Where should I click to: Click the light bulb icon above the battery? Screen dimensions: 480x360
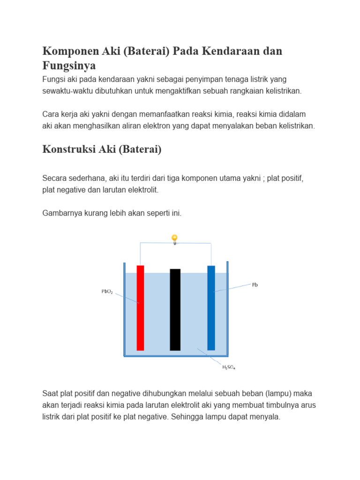[174, 239]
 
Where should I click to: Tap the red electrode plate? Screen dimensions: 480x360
[140, 307]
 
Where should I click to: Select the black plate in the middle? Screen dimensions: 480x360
[175, 309]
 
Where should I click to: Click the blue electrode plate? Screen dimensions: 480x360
[211, 307]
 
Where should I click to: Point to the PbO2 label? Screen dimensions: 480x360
[107, 291]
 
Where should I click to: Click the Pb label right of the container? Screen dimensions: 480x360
[255, 285]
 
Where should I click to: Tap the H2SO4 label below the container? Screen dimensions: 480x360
[229, 367]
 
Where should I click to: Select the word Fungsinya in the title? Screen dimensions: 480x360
[69, 66]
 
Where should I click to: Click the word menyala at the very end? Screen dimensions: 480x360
[265, 416]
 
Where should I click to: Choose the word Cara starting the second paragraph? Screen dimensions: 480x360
[51, 114]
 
